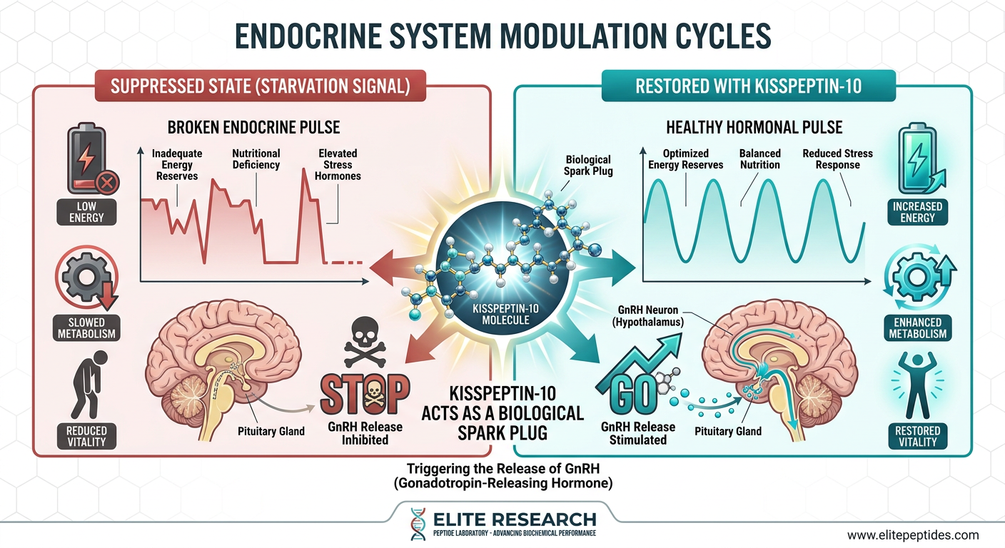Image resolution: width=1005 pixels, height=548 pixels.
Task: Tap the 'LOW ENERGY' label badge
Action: (86, 212)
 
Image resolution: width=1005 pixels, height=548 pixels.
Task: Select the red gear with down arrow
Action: (87, 278)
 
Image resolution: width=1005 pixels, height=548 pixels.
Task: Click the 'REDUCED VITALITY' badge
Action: (86, 437)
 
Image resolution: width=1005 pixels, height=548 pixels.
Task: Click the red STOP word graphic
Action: (365, 394)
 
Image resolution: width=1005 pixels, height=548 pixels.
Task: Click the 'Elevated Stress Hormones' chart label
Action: (338, 165)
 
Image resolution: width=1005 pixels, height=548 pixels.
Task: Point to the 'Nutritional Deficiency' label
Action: (256, 159)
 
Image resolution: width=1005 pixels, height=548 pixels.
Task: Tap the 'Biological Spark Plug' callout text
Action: (588, 165)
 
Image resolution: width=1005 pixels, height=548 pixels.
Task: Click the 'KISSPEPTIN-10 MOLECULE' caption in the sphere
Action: (505, 315)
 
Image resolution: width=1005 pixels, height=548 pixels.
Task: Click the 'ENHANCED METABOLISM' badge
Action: (917, 328)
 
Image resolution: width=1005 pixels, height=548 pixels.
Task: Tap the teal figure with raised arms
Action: (917, 385)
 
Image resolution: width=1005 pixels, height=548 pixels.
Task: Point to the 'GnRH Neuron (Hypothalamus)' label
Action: (648, 315)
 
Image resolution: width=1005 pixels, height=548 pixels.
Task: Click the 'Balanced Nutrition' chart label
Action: (760, 159)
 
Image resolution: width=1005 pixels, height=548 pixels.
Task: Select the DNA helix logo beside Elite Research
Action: (418, 524)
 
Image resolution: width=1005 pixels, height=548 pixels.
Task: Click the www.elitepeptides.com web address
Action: (913, 535)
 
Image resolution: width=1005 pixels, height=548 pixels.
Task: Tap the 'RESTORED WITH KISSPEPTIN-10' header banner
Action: (748, 86)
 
